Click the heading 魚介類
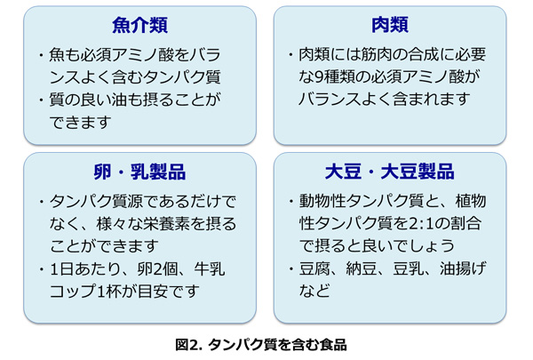tap(139, 25)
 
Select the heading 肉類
tap(390, 25)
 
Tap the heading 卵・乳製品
tap(139, 172)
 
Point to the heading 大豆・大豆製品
tap(390, 172)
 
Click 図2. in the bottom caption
tap(189, 345)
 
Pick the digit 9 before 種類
tap(321, 77)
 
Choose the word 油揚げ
tap(464, 268)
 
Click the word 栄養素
tap(166, 224)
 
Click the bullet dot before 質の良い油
tap(41, 100)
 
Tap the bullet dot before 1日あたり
tap(41, 269)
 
